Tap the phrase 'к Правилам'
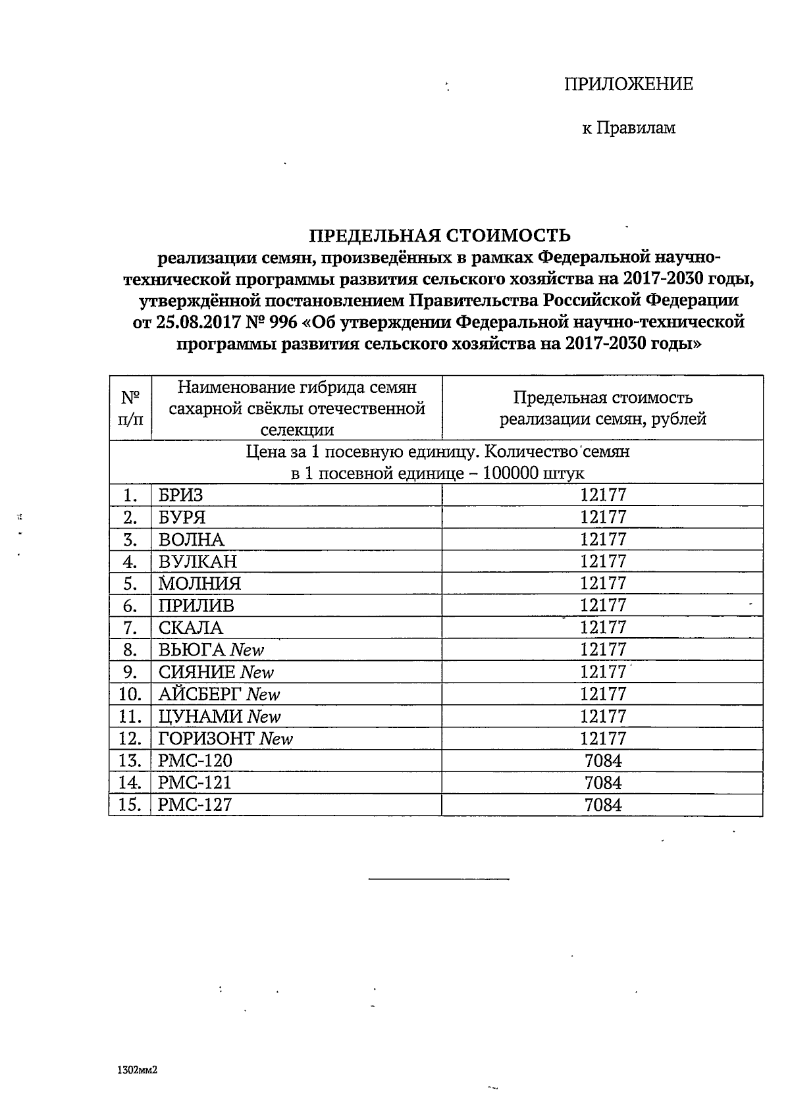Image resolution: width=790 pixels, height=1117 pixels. tap(628, 128)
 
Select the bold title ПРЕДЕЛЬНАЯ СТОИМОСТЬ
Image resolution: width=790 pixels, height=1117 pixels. tap(440, 236)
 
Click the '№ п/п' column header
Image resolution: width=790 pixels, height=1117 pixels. tap(130, 408)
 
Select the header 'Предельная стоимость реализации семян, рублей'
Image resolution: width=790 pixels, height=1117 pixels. tap(602, 408)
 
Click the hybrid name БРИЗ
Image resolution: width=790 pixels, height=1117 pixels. tap(181, 495)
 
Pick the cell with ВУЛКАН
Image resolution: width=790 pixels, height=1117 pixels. tap(197, 561)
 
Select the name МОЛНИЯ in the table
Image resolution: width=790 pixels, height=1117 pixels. tap(199, 583)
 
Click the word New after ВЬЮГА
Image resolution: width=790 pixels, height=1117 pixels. tap(248, 650)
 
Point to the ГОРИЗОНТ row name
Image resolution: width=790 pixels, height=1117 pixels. tap(206, 739)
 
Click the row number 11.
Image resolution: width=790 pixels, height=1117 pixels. tap(130, 717)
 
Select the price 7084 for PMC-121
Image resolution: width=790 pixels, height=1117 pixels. tap(602, 783)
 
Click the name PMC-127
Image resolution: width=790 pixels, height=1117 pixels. tap(195, 805)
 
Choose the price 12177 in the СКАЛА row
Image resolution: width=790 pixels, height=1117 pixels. tap(602, 627)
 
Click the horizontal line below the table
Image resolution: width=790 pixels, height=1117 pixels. tap(438, 878)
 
